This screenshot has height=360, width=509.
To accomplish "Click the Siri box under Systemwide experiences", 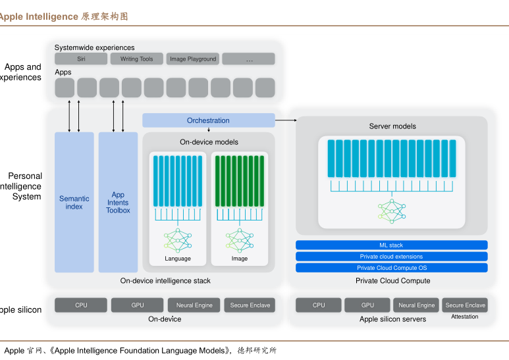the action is (x=81, y=59).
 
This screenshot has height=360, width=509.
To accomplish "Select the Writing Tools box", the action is (x=137, y=59).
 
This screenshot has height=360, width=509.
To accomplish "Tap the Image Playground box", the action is (x=193, y=59).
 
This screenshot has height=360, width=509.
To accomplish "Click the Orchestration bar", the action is (x=208, y=120).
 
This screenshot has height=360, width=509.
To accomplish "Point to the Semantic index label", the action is (x=74, y=203).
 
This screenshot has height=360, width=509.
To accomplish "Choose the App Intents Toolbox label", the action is (x=118, y=203).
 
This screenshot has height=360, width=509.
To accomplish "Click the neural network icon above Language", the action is (x=178, y=241).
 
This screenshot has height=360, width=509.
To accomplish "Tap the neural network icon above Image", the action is (x=240, y=241).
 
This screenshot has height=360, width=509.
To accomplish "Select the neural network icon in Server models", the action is (x=392, y=211).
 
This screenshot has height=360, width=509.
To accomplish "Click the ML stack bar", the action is (x=392, y=245).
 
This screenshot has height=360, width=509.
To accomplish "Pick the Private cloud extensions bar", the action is (x=392, y=257).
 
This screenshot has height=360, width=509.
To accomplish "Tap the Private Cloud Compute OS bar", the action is (x=392, y=268).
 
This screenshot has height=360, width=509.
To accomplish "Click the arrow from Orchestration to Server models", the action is (x=286, y=120).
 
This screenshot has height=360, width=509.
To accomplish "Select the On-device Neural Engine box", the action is (x=194, y=305).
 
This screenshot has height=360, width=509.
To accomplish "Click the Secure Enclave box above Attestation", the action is (x=465, y=305).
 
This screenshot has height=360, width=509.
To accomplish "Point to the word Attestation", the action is (x=464, y=317).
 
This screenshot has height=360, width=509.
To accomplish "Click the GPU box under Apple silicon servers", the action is (x=367, y=305).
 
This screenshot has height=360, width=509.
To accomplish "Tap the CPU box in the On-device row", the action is (x=81, y=305).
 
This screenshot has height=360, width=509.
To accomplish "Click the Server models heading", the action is (x=392, y=126).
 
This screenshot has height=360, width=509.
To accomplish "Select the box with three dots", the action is (x=249, y=59).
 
